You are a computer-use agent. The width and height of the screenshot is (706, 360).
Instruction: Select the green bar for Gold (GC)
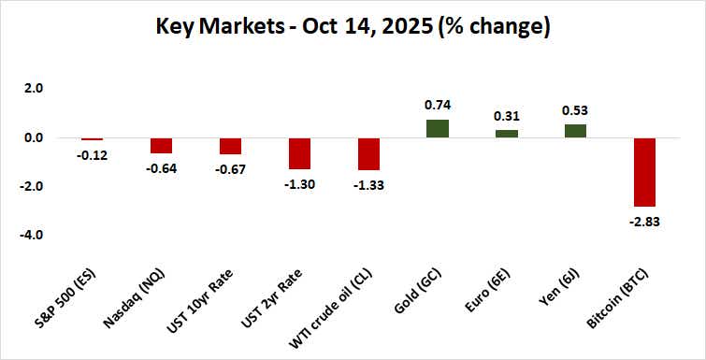[437, 129]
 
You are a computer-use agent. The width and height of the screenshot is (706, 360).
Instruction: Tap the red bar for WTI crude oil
[368, 154]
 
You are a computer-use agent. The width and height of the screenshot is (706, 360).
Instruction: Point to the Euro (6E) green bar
[506, 134]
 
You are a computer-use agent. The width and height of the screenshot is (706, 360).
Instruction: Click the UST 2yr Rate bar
[299, 153]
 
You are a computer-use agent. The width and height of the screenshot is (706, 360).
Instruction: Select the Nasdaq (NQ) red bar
[162, 146]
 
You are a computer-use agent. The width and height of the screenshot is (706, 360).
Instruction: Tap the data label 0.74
[437, 106]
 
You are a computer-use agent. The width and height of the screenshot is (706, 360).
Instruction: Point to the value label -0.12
[94, 154]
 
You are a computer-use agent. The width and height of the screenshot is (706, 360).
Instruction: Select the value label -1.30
[299, 183]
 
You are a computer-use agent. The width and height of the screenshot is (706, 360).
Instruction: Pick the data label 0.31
[506, 116]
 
